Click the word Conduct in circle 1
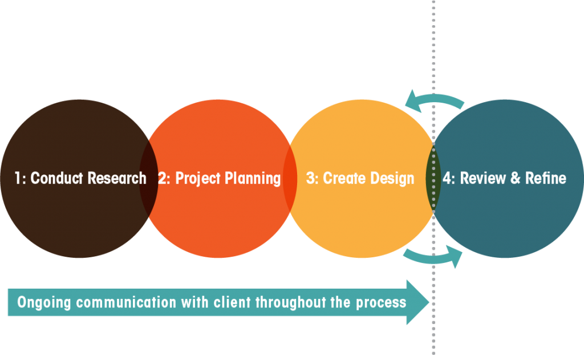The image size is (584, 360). click(54, 179)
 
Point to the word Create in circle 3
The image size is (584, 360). click(344, 179)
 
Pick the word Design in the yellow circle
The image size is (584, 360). click(392, 179)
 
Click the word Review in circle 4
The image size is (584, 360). click(482, 179)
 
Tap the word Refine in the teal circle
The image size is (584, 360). click(545, 179)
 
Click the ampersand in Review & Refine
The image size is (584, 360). click(515, 179)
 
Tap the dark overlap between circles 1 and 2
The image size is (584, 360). click(149, 179)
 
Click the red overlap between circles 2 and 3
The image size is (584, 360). click(290, 179)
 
